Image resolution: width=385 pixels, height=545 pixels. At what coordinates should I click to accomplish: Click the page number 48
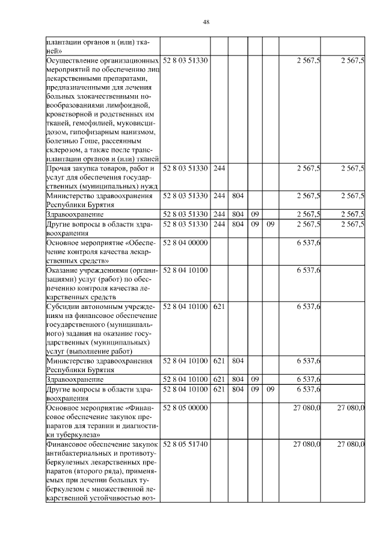[x=206, y=22]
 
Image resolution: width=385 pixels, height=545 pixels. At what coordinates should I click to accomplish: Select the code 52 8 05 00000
[x=185, y=408]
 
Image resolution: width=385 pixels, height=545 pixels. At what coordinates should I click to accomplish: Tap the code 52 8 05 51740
[x=185, y=444]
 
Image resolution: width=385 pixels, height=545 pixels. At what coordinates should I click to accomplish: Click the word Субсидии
[x=63, y=307]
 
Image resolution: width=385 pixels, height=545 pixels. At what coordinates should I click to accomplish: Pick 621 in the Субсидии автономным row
[x=219, y=307]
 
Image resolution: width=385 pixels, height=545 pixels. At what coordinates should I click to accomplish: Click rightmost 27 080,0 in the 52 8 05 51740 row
[x=351, y=444]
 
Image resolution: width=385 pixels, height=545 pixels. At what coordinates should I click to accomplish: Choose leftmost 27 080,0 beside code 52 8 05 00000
[x=307, y=408]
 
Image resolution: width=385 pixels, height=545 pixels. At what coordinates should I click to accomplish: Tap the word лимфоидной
[x=135, y=105]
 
